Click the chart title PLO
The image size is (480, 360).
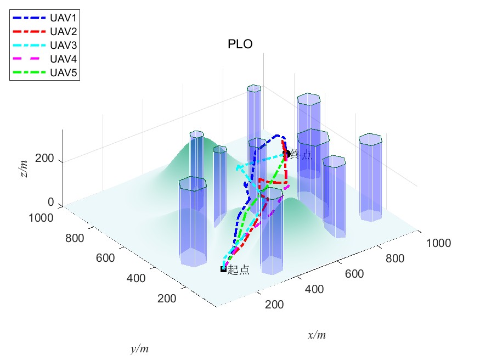coord(240,45)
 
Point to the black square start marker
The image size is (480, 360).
coord(223,269)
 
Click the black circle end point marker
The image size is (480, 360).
coord(286,154)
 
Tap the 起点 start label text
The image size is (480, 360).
coord(239,269)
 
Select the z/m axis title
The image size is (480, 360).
coord(24,164)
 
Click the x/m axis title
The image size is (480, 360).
coord(317,335)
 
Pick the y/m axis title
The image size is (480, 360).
coord(140,348)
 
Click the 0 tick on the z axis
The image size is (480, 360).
coord(50,202)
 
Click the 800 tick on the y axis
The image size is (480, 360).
coord(76,238)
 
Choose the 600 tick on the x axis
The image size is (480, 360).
coord(354,273)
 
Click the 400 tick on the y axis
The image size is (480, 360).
coord(136,278)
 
